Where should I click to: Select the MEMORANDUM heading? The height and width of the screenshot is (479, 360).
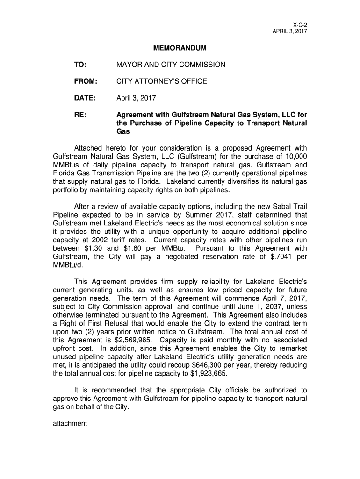click(x=180, y=48)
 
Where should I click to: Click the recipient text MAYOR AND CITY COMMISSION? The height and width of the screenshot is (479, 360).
click(x=171, y=65)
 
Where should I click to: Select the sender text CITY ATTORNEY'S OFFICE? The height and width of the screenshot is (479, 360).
click(x=161, y=81)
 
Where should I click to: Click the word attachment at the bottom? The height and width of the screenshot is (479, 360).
click(x=69, y=424)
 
